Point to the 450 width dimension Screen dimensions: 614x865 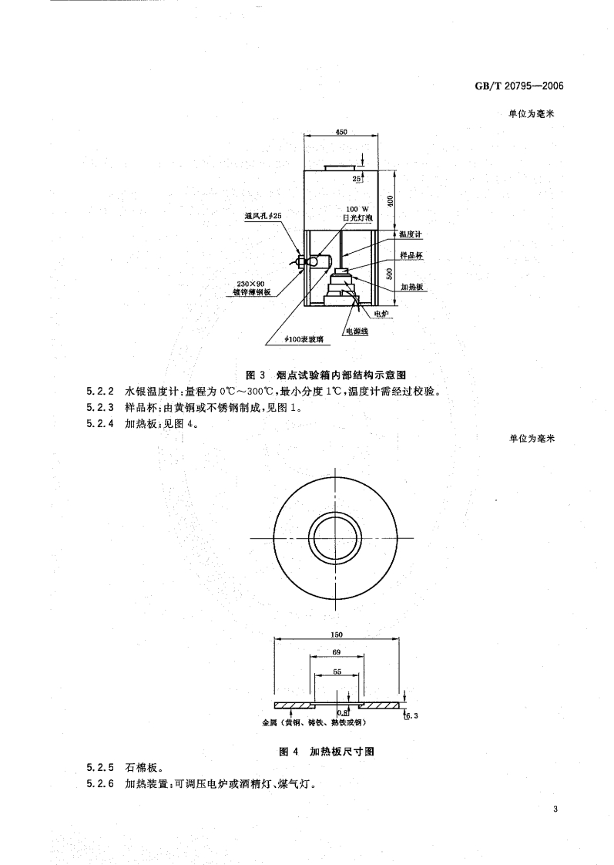tap(341, 132)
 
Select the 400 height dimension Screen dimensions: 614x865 tap(391, 200)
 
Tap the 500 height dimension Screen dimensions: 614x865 tap(391, 272)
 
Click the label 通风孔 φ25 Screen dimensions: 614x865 tap(263, 217)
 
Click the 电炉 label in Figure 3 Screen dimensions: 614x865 tap(381, 314)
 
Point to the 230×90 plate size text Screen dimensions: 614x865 tap(251, 284)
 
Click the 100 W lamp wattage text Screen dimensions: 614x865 tap(358, 209)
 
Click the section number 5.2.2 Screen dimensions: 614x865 tap(100, 392)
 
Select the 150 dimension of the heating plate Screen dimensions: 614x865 tap(337, 634)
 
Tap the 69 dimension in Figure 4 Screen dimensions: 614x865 tap(337, 652)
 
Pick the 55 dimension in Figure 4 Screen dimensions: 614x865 tap(337, 671)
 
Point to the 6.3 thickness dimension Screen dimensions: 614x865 tap(411, 716)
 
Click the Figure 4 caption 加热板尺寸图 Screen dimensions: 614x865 tap(326, 751)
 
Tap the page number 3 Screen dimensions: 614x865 tap(554, 809)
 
